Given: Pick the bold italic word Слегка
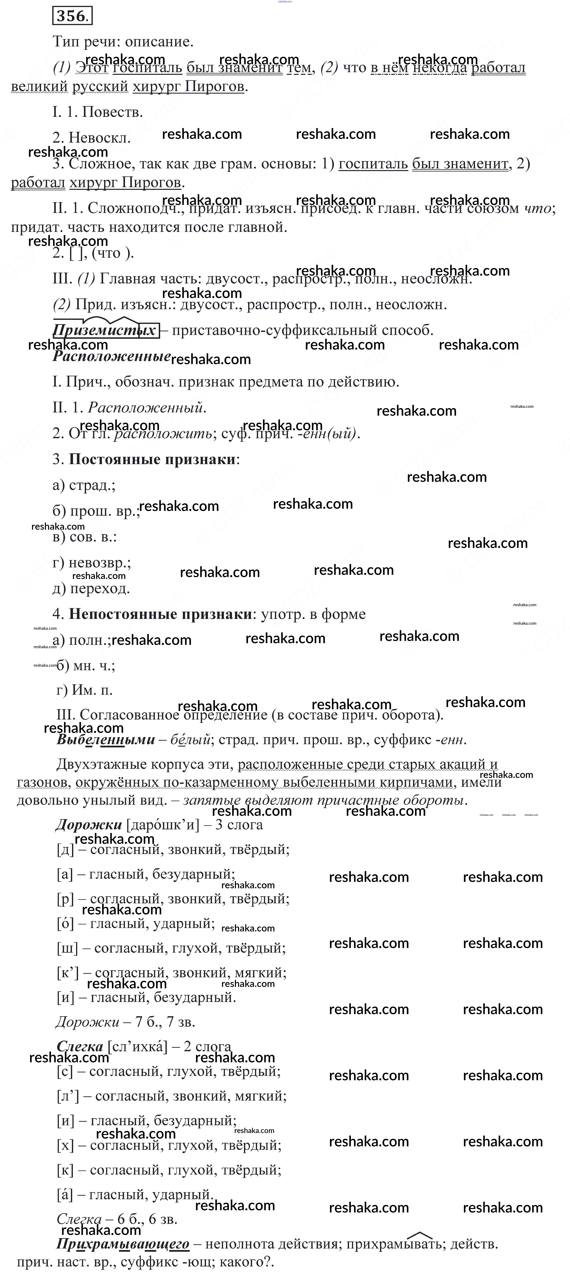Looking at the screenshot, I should coord(80,1046).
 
